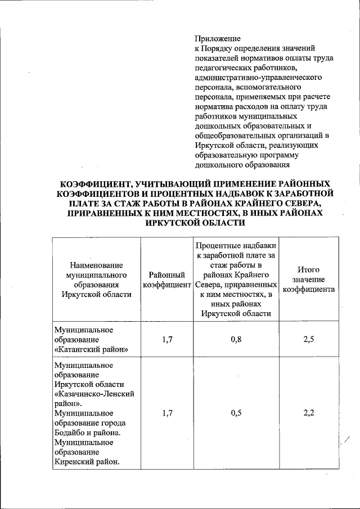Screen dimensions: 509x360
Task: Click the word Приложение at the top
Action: (x=218, y=39)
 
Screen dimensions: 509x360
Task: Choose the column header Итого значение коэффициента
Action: (x=308, y=280)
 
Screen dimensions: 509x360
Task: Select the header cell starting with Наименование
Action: (x=96, y=280)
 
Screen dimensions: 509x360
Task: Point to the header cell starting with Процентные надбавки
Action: (x=236, y=280)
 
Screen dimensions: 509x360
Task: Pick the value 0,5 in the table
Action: (x=236, y=413)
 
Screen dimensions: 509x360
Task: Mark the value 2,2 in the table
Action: (x=308, y=413)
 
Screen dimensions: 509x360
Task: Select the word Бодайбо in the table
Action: (x=71, y=433)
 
